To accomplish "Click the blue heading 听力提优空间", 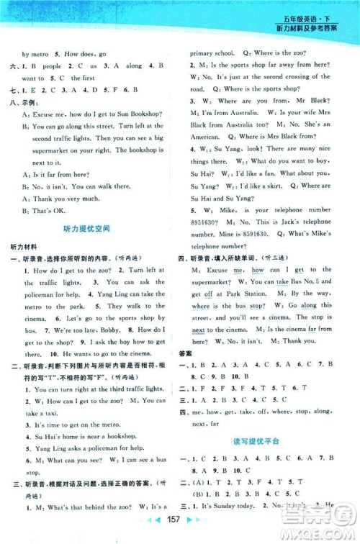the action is click(x=92, y=229).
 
